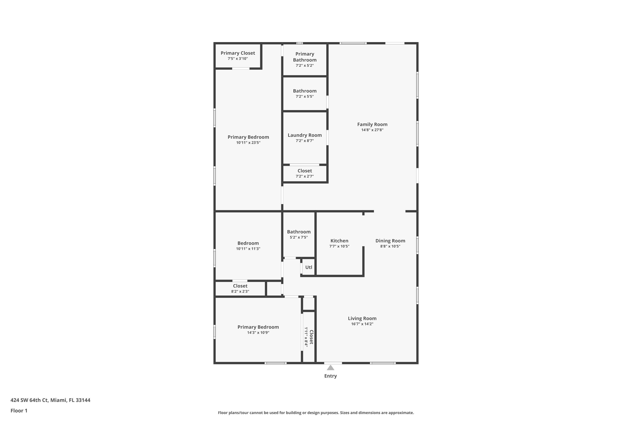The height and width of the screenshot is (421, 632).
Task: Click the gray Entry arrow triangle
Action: (330, 368)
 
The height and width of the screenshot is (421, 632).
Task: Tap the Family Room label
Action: (372, 124)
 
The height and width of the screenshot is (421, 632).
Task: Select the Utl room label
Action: (309, 267)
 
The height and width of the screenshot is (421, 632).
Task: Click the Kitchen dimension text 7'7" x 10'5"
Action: (339, 246)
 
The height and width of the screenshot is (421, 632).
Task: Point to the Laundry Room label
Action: (304, 135)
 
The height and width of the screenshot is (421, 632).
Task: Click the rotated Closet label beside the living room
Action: (311, 337)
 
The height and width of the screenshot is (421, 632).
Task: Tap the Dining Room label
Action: (390, 241)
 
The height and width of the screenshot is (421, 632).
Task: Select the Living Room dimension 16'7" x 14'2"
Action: (362, 324)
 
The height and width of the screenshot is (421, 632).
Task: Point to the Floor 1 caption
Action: (19, 410)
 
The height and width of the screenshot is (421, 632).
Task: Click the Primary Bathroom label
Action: (304, 57)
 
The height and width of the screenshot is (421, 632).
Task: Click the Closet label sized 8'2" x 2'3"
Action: (240, 286)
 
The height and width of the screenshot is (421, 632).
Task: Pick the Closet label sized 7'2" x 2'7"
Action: (304, 171)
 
